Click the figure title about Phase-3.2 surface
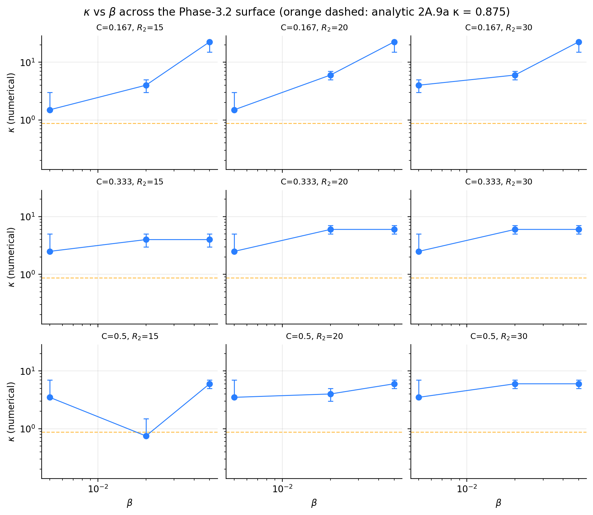(x=296, y=12)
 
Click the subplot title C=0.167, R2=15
(x=130, y=28)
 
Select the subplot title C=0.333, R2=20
(x=314, y=182)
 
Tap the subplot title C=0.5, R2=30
(x=499, y=336)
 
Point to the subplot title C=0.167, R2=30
(x=499, y=28)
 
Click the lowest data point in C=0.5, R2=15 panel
(x=146, y=436)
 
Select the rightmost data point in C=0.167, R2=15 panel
(x=209, y=42)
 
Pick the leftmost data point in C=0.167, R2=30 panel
(x=419, y=85)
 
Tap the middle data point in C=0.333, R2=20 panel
(x=330, y=229)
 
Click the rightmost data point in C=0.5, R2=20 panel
(x=394, y=384)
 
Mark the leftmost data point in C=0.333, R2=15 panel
(x=50, y=251)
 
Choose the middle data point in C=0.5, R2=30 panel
(x=515, y=384)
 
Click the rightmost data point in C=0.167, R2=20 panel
(x=394, y=42)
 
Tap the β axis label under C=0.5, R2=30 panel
(x=498, y=503)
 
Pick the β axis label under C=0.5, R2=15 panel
(x=129, y=503)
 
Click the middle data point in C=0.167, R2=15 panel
(x=146, y=85)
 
